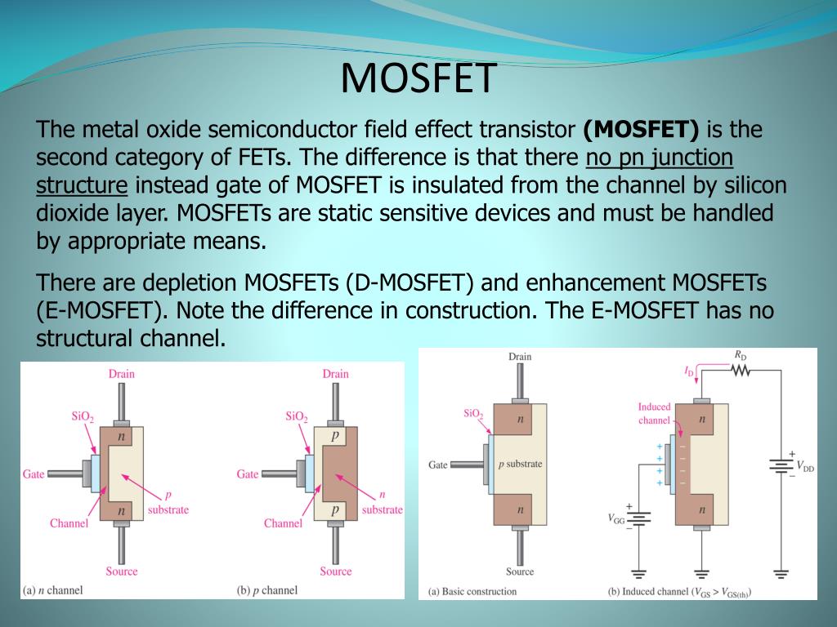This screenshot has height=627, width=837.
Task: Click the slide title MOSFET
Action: pyautogui.click(x=418, y=78)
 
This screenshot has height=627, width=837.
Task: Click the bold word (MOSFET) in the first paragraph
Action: pyautogui.click(x=641, y=130)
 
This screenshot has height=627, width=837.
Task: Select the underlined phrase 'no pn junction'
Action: pyautogui.click(x=660, y=158)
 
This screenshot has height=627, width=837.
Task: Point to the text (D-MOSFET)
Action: pyautogui.click(x=410, y=282)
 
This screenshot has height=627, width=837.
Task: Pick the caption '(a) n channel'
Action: pyautogui.click(x=53, y=590)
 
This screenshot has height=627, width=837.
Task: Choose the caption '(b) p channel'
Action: pyautogui.click(x=267, y=590)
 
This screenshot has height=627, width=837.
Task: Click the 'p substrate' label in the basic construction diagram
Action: pyautogui.click(x=520, y=464)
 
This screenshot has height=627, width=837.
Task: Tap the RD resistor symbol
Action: pyautogui.click(x=741, y=370)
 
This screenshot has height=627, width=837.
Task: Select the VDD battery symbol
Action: pyautogui.click(x=781, y=466)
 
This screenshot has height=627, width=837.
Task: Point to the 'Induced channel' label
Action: pyautogui.click(x=654, y=413)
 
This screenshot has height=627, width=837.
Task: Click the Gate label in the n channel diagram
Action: pyautogui.click(x=33, y=474)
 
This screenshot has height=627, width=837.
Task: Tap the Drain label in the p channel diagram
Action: pyautogui.click(x=335, y=374)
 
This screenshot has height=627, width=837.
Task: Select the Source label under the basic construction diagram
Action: pyautogui.click(x=520, y=571)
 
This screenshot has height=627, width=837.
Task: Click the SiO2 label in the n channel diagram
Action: pyautogui.click(x=83, y=416)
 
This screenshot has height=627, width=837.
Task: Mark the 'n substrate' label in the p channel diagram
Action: pyautogui.click(x=383, y=503)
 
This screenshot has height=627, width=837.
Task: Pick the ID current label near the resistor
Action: pyautogui.click(x=689, y=371)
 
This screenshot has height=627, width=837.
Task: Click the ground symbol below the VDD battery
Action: pyautogui.click(x=781, y=574)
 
